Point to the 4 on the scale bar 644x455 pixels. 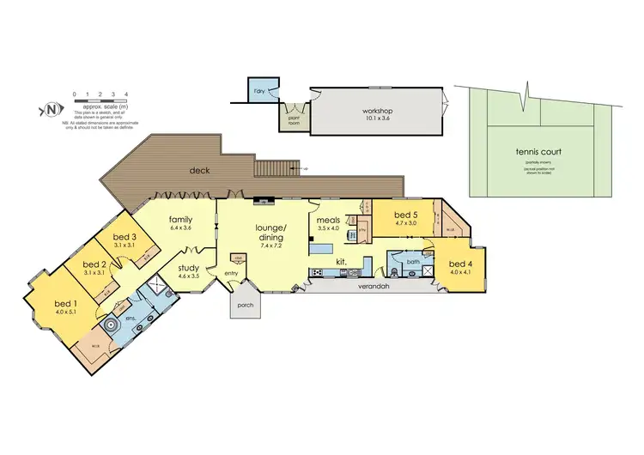[x=126, y=93]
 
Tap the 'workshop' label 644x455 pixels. [x=376, y=112]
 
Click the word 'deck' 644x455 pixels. [x=200, y=170]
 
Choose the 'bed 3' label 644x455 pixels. [x=125, y=237]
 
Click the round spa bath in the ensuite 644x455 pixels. [x=110, y=326]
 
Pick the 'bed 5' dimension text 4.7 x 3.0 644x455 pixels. [x=405, y=222]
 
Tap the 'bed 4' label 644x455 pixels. [x=459, y=264]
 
